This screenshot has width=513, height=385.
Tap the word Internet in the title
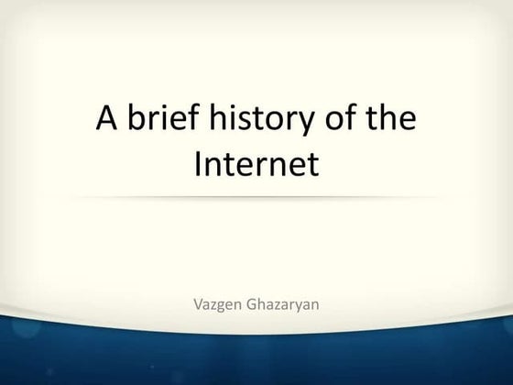tap(256, 165)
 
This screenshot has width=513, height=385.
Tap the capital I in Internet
tap(201, 165)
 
